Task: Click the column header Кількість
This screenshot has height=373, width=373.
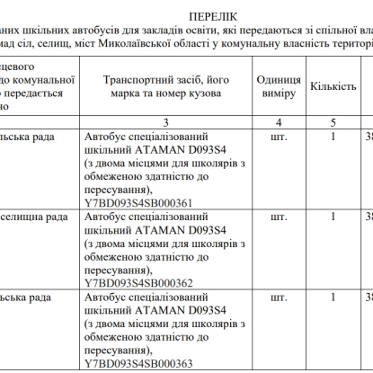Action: click(333, 86)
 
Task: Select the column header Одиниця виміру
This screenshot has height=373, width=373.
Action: click(279, 86)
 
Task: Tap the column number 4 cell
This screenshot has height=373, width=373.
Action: click(279, 120)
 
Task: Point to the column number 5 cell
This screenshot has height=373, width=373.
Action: click(333, 120)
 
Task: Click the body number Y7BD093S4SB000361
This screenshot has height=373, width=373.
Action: click(138, 202)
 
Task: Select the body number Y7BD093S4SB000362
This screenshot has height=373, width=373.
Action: click(138, 282)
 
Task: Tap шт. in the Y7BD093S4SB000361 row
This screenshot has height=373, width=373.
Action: click(279, 137)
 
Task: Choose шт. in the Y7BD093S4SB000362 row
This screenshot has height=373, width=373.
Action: click(279, 217)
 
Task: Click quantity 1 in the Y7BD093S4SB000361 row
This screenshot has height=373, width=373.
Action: click(333, 137)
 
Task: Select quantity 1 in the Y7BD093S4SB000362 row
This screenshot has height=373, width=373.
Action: click(333, 217)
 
